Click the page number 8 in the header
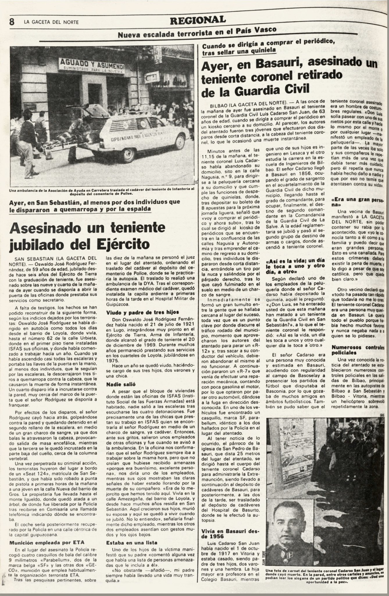coord(12,22)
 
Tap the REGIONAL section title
coord(198,20)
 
